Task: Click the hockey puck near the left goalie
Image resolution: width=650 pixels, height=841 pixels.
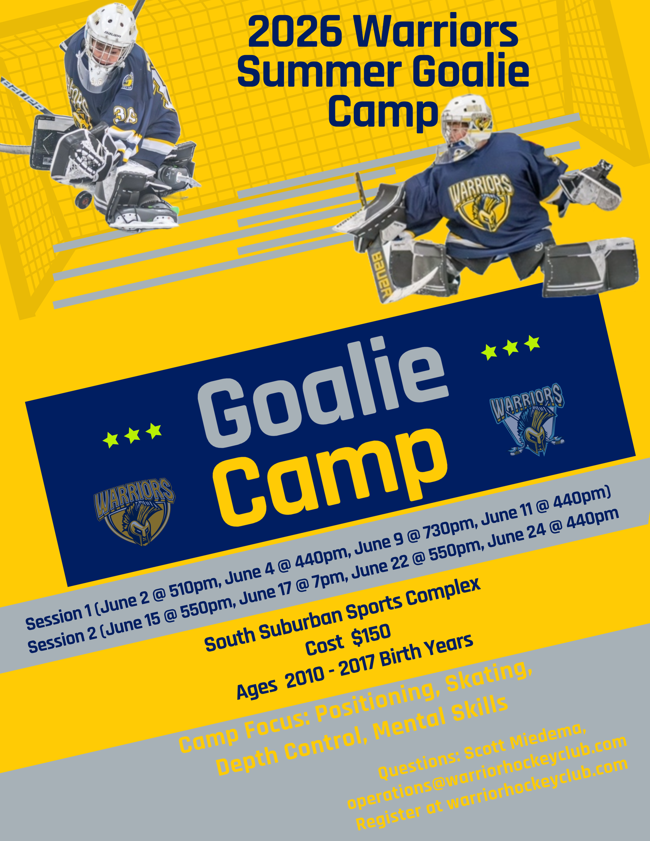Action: (84, 199)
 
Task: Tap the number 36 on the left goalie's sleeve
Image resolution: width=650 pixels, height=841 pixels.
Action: (124, 116)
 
